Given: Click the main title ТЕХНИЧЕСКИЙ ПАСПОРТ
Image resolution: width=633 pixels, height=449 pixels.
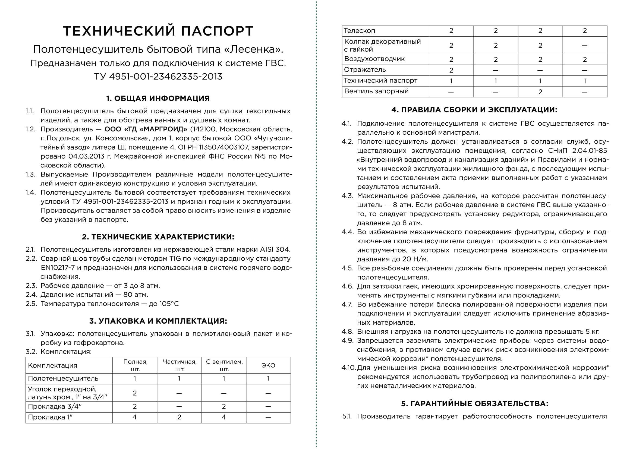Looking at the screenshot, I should (x=158, y=31).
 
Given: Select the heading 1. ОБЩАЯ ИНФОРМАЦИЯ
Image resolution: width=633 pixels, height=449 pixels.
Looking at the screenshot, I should (x=158, y=99).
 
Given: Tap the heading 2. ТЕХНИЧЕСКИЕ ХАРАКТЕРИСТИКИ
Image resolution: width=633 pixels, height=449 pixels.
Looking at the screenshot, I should (x=158, y=237).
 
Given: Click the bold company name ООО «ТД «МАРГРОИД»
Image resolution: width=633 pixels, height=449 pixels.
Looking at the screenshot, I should (x=146, y=129).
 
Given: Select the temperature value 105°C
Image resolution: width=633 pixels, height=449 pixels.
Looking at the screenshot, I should (x=169, y=304).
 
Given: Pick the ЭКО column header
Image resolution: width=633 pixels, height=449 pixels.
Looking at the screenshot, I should (x=268, y=365).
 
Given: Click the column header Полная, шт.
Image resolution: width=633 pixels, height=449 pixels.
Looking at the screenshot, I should (x=135, y=365).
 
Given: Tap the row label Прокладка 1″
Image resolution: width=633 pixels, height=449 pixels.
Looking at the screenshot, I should (x=50, y=417).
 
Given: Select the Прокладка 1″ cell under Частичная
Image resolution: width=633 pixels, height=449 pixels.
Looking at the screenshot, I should (x=179, y=417).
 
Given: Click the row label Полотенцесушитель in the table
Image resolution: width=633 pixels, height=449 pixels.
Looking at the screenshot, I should (x=63, y=378).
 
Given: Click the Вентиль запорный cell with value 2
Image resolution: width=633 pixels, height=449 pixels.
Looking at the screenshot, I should (x=540, y=92).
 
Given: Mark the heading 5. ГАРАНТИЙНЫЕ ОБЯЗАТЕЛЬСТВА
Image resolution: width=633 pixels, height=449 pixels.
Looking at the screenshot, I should (x=474, y=404).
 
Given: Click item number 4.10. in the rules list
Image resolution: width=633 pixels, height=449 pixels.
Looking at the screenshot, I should (x=348, y=368).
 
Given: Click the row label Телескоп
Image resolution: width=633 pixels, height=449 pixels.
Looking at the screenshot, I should (x=359, y=31).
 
